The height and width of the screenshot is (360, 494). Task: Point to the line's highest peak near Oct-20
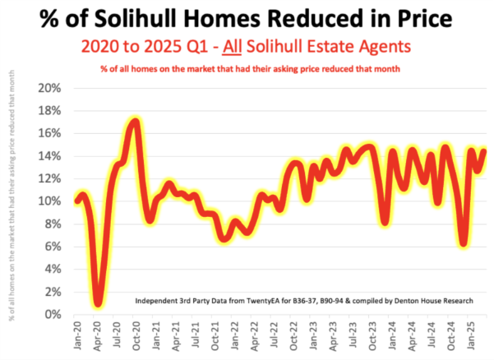pyautogui.click(x=135, y=122)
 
